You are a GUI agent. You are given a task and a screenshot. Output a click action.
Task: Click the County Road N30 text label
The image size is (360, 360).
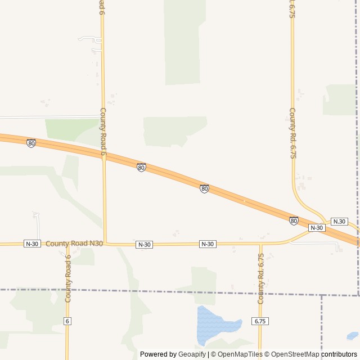(74, 244)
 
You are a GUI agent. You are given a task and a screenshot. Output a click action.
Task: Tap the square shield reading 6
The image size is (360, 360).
(67, 321)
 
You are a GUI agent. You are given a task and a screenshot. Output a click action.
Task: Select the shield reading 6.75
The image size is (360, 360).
(260, 321)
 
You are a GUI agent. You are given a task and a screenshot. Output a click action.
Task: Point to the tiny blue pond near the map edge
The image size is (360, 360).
(352, 336)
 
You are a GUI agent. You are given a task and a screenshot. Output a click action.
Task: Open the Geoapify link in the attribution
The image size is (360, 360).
(192, 354)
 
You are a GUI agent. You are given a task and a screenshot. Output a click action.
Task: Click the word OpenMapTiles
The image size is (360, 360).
(240, 354)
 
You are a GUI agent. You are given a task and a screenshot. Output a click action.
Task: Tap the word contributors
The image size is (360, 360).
(339, 354)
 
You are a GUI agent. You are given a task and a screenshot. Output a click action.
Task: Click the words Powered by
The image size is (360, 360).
(158, 354)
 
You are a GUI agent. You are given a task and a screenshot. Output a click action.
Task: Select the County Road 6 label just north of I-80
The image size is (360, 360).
(103, 131)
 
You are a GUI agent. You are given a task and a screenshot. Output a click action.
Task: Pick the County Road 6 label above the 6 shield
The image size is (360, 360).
(68, 279)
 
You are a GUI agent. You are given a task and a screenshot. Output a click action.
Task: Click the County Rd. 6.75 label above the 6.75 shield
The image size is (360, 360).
(260, 278)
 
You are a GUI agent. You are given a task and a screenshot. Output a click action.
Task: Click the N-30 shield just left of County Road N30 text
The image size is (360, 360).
(32, 244)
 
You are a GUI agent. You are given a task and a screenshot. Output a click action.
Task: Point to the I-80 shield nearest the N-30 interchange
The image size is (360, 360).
(294, 220)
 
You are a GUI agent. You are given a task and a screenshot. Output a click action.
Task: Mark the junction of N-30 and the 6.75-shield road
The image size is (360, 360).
(260, 244)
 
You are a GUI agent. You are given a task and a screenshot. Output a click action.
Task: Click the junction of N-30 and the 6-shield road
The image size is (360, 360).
(67, 244)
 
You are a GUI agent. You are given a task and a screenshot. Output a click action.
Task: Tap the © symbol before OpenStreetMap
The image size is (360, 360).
(268, 354)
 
